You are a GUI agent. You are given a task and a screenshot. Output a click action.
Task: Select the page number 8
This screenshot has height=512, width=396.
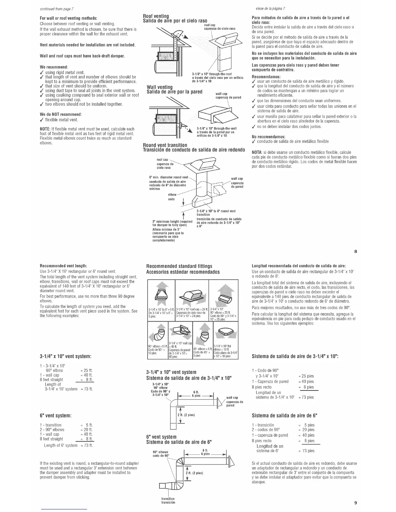click(355, 251)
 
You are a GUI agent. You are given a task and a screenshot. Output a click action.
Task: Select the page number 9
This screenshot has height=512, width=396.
click(355, 503)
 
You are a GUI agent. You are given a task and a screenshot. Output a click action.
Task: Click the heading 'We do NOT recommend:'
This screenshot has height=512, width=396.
click(61, 114)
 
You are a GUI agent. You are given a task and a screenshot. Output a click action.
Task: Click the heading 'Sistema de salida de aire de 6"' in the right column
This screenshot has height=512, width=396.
click(285, 415)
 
